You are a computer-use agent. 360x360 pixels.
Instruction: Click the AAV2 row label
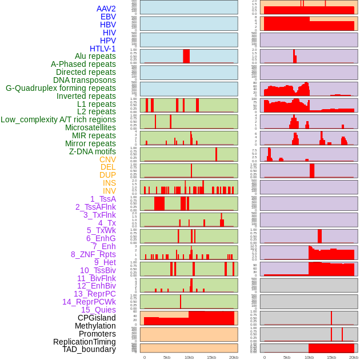(106, 9)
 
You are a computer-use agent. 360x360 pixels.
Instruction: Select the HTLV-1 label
(103, 49)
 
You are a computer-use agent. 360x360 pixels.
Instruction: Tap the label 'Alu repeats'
(95, 56)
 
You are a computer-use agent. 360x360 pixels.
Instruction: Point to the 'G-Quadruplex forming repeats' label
(61, 88)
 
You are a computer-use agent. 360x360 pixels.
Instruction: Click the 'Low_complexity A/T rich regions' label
(58, 119)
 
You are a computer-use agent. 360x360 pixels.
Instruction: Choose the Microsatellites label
(90, 127)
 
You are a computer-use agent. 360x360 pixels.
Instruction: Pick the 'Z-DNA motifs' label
(93, 151)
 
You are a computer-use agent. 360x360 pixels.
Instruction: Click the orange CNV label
(107, 159)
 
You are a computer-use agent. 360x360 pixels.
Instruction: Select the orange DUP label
(107, 175)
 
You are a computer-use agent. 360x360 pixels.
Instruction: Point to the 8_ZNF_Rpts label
(93, 254)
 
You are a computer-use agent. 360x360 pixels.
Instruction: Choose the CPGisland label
(97, 318)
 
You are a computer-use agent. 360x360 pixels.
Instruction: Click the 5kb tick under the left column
(167, 357)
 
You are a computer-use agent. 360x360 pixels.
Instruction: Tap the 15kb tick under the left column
(211, 357)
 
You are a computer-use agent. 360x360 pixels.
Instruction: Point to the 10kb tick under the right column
(309, 357)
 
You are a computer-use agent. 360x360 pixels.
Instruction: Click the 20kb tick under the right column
(354, 357)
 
